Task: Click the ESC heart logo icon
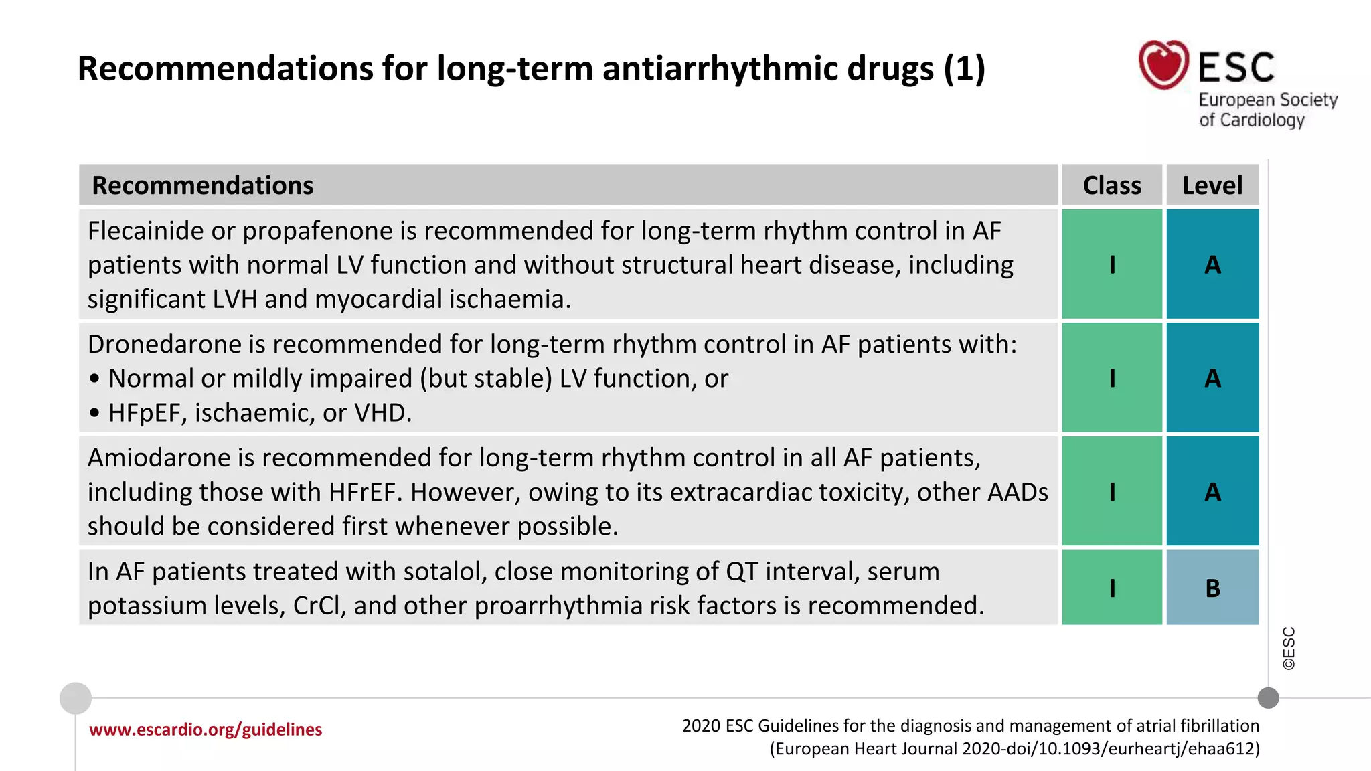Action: (x=1163, y=65)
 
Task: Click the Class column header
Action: (x=1112, y=185)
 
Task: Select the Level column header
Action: (x=1212, y=185)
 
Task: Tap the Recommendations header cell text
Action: (x=202, y=185)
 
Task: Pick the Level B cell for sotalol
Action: (x=1212, y=588)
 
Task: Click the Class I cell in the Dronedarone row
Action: (x=1112, y=378)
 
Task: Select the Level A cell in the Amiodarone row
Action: (x=1212, y=492)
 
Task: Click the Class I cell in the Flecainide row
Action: (x=1112, y=264)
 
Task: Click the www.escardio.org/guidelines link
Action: (x=206, y=730)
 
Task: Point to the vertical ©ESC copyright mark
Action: (x=1289, y=648)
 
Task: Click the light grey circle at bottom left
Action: (x=76, y=698)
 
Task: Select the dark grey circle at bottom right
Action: (x=1268, y=698)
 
